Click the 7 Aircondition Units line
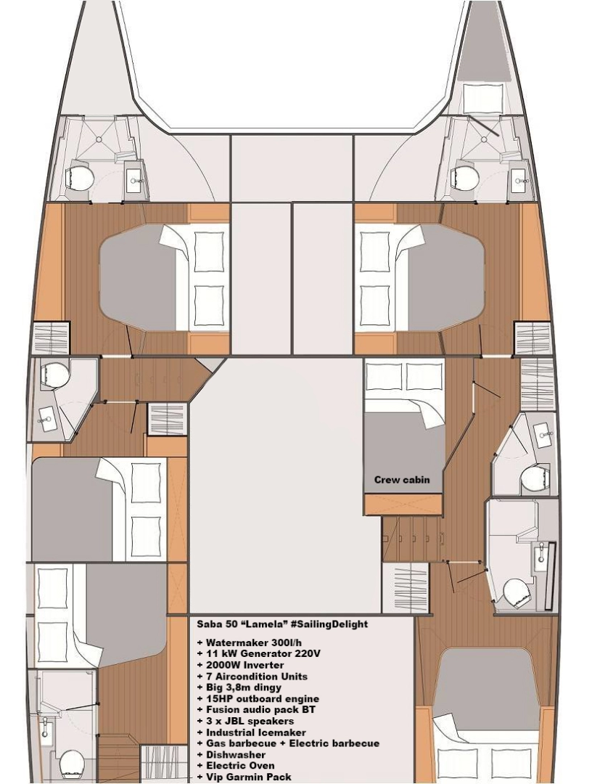[x=251, y=677]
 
